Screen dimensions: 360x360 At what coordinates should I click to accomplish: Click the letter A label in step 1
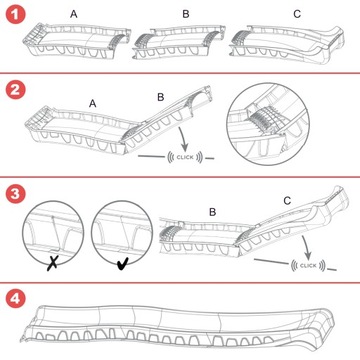74,14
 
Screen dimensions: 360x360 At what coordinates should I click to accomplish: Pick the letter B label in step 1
186,14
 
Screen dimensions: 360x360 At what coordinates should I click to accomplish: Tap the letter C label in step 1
297,14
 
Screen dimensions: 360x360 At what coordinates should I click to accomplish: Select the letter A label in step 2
93,104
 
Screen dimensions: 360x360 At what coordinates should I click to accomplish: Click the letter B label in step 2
161,97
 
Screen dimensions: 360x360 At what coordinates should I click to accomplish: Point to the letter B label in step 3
212,212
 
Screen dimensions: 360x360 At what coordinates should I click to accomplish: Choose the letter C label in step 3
287,201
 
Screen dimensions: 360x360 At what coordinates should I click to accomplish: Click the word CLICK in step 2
185,157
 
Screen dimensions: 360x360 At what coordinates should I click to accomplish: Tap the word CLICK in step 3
308,266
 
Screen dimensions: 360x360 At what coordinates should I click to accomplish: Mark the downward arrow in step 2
183,139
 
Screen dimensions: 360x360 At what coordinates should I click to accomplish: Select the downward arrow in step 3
306,247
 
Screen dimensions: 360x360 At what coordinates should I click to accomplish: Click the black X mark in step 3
53,264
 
